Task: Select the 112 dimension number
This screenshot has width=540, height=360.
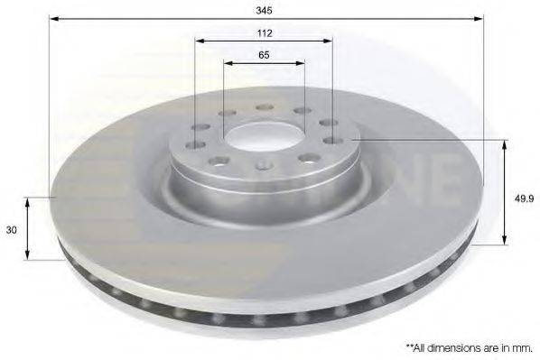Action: pos(265,32)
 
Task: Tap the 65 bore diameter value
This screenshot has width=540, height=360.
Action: pos(265,55)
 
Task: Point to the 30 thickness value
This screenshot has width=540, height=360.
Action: pos(12,230)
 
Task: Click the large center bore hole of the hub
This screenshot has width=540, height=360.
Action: pos(265,136)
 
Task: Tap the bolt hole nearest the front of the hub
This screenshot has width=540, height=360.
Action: pos(264,165)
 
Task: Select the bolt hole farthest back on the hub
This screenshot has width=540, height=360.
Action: pos(265,107)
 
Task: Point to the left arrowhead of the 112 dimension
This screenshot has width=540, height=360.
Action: pos(198,41)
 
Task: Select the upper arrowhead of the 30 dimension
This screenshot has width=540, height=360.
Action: pos(28,201)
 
